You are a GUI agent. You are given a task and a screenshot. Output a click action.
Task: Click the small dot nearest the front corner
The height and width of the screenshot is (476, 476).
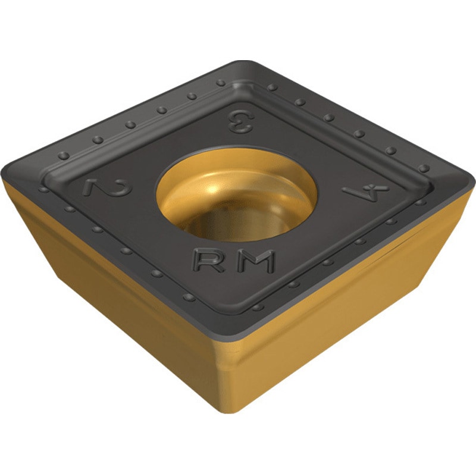pos(257,308)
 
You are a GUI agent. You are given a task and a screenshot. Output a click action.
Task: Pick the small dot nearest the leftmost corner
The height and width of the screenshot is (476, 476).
pos(43,189)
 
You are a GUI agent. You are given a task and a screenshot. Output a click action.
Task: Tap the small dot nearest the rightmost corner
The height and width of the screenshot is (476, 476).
pos(423,168)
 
